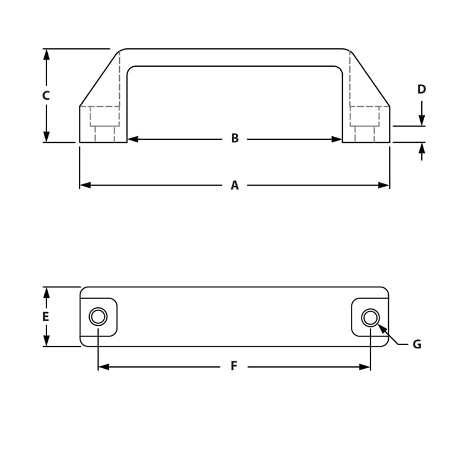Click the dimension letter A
click(x=235, y=185)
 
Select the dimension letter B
click(x=235, y=139)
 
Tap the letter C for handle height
click(x=46, y=96)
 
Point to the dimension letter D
click(x=421, y=90)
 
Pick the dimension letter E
click(x=45, y=317)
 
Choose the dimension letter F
click(x=234, y=366)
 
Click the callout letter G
click(x=417, y=344)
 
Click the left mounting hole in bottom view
click(x=99, y=317)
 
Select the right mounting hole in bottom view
click(x=370, y=317)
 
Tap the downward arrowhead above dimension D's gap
click(x=422, y=120)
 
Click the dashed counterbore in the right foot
click(x=364, y=116)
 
